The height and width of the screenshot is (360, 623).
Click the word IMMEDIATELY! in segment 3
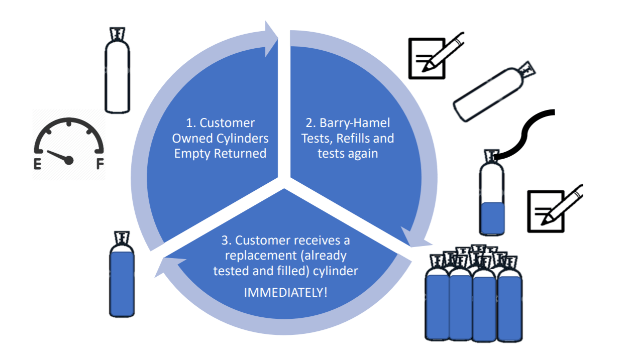click(x=285, y=292)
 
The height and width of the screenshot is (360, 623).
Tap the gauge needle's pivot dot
click(x=69, y=160)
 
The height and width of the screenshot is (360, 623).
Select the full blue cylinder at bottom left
click(x=122, y=281)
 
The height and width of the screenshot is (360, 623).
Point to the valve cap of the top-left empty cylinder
click(x=118, y=33)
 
